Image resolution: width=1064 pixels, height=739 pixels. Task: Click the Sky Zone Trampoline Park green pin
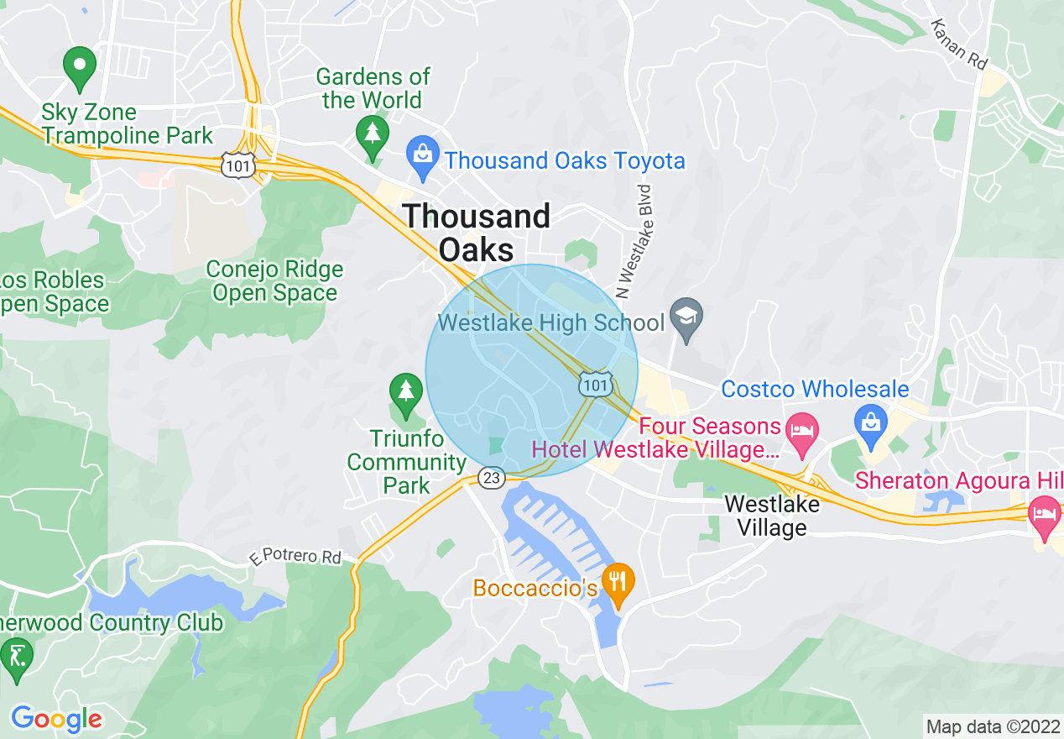click(80, 68)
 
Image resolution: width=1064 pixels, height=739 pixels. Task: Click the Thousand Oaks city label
click(477, 233)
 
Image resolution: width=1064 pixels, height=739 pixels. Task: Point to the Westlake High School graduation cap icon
click(686, 318)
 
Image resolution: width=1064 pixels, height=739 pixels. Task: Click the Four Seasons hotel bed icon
click(802, 431)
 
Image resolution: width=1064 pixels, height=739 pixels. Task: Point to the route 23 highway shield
click(492, 478)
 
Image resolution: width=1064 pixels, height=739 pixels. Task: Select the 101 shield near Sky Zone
click(238, 165)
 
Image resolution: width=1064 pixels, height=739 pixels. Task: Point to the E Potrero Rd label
click(295, 557)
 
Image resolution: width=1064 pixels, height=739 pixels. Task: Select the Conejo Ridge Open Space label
click(274, 281)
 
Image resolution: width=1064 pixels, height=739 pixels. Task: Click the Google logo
click(56, 718)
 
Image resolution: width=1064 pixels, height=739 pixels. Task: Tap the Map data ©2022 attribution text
click(991, 726)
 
